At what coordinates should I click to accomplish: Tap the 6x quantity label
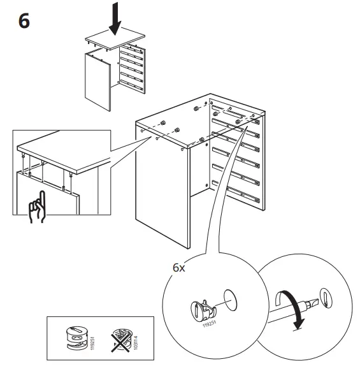point(180,268)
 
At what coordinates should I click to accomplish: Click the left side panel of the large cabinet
point(162,185)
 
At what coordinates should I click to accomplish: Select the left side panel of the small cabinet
point(97,80)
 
